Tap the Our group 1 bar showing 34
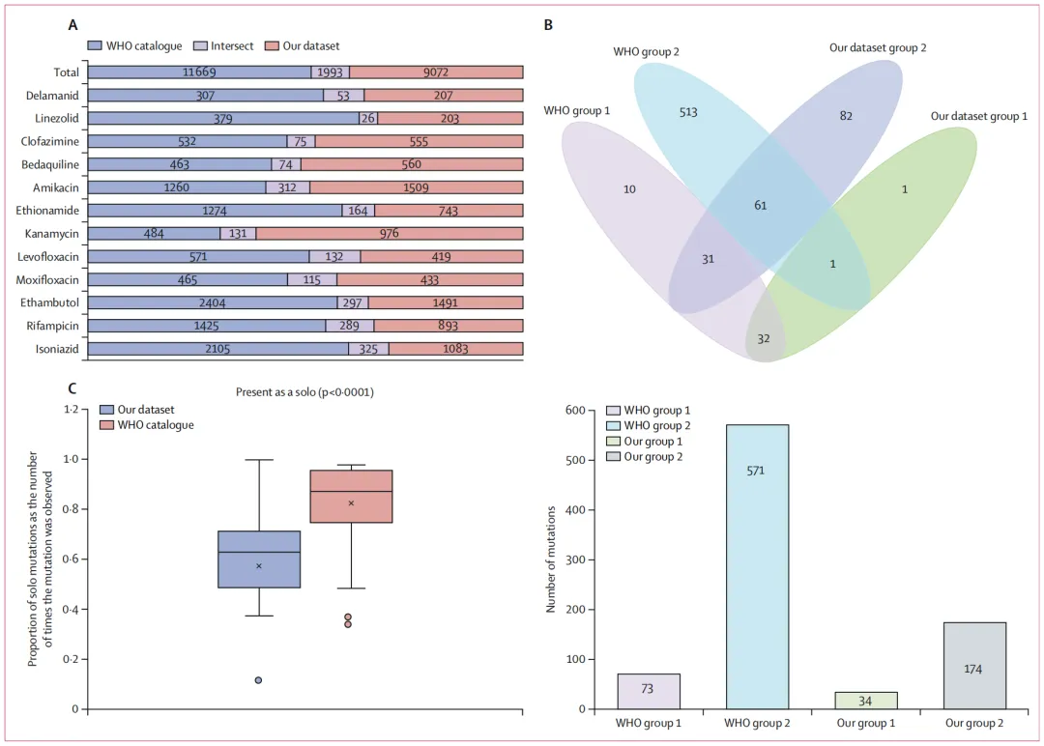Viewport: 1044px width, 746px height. click(865, 700)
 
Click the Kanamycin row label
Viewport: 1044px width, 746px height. click(55, 233)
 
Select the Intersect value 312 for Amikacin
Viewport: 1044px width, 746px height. click(288, 187)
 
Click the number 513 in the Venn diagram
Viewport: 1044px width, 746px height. click(687, 112)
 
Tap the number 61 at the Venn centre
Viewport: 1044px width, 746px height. click(759, 206)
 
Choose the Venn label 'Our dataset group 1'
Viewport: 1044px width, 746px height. click(978, 116)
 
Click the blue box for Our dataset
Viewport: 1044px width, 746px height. click(259, 559)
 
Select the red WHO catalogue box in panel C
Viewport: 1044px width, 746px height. click(351, 496)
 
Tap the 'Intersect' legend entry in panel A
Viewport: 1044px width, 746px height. click(224, 45)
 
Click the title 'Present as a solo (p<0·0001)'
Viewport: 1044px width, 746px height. click(304, 392)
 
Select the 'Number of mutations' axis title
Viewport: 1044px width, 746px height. click(551, 559)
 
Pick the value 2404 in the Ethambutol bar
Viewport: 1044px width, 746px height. click(212, 302)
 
